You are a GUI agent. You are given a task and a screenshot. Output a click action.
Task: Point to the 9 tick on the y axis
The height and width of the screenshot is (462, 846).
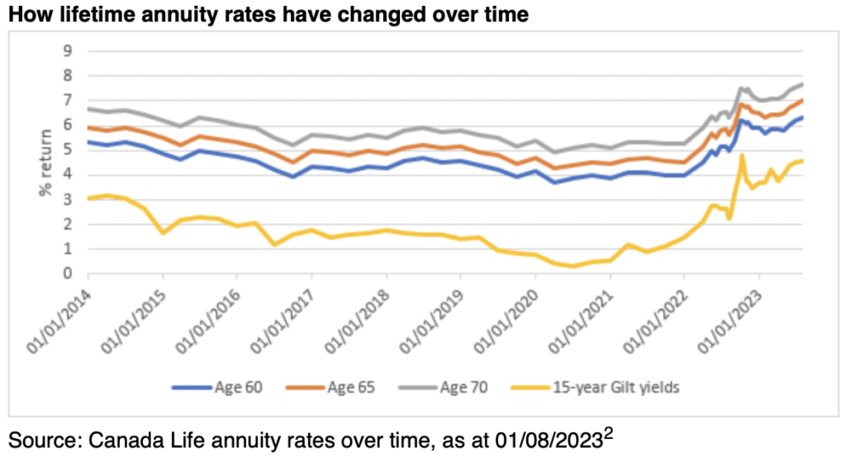click(x=68, y=51)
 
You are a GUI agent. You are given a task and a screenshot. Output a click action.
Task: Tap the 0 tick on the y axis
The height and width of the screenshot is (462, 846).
click(x=68, y=274)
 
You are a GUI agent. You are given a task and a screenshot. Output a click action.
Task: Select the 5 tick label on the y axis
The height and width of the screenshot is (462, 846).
click(x=68, y=150)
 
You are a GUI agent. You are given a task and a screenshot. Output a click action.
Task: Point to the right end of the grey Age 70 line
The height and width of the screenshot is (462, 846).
click(x=803, y=84)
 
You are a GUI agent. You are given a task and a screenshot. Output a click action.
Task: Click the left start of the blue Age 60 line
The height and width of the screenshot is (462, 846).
click(x=87, y=142)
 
